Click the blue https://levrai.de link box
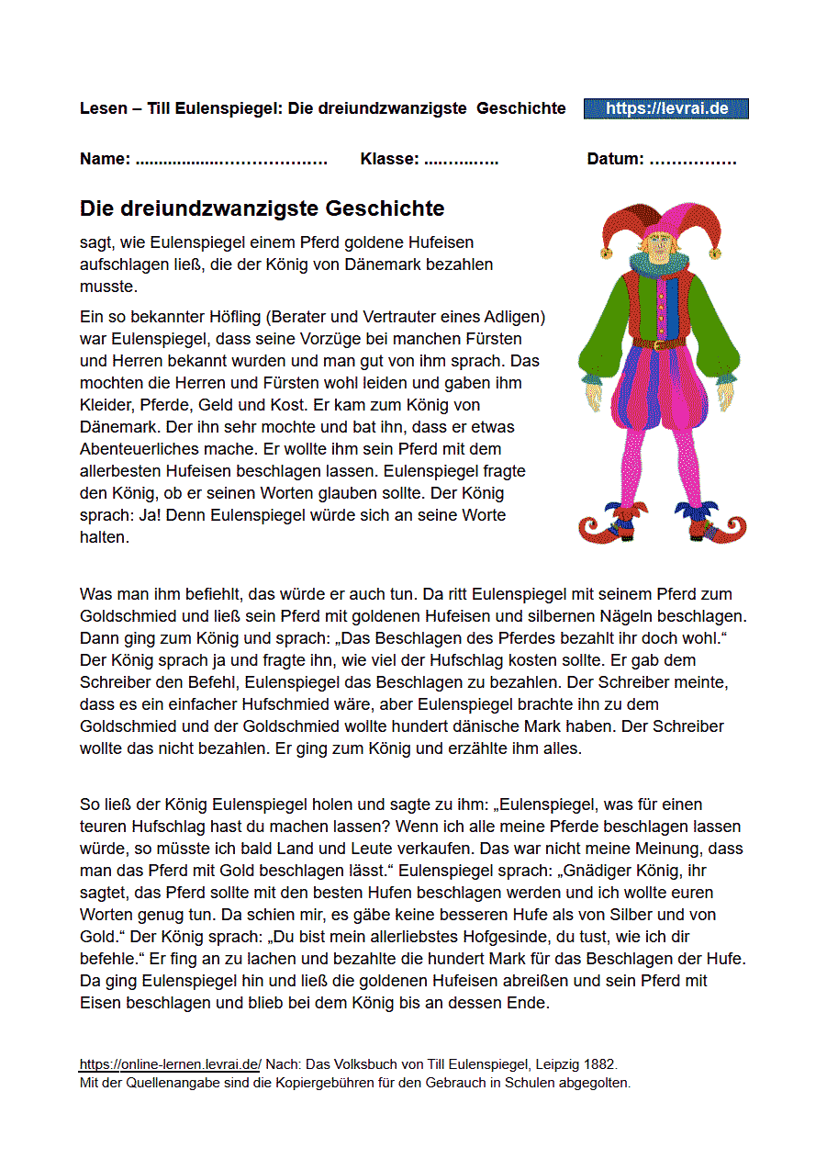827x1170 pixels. (666, 108)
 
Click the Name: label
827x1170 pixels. (105, 159)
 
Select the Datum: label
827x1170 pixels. (615, 159)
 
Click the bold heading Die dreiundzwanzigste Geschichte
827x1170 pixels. (262, 208)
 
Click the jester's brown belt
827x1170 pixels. (657, 343)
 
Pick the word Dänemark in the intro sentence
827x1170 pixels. (432, 264)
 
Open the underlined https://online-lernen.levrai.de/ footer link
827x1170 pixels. (171, 1064)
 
